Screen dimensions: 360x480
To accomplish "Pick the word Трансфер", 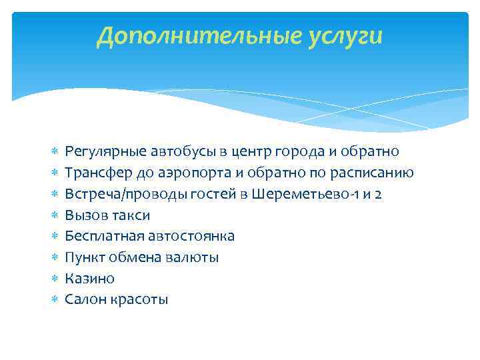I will click(93, 173).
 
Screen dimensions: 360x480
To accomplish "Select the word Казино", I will click(89, 278).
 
